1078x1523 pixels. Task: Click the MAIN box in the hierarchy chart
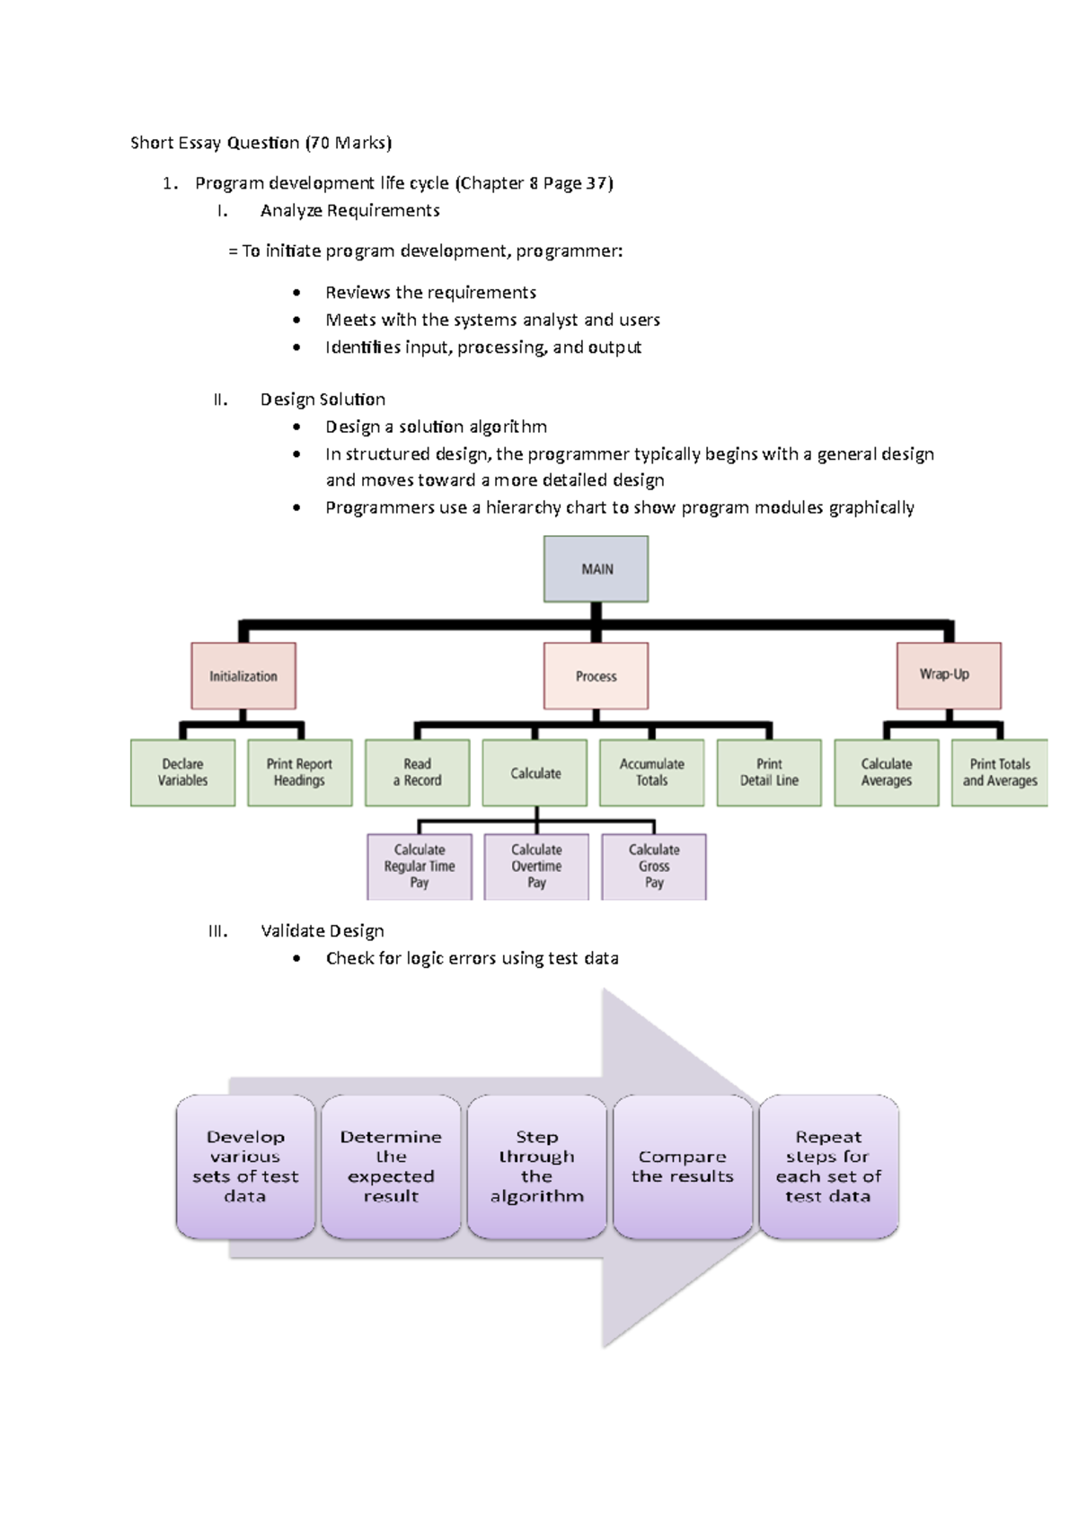(596, 569)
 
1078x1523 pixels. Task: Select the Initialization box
(243, 676)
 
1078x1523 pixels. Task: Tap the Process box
(596, 676)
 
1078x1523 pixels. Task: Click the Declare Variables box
(182, 772)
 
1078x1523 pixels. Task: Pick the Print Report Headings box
(299, 772)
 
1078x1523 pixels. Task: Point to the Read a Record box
(417, 772)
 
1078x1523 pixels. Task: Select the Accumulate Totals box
(651, 772)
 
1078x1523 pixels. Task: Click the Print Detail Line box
(769, 772)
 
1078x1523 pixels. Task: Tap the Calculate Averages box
(886, 772)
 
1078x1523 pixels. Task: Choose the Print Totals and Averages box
(999, 772)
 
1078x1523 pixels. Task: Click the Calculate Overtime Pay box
(536, 867)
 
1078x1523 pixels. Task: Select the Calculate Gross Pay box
(654, 867)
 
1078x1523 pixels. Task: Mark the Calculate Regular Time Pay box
(420, 867)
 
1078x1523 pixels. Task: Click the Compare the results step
(683, 1166)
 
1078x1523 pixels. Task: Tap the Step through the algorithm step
(536, 1166)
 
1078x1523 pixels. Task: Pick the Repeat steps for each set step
(828, 1166)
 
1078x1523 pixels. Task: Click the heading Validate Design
(323, 931)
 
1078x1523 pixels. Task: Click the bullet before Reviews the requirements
(296, 293)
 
